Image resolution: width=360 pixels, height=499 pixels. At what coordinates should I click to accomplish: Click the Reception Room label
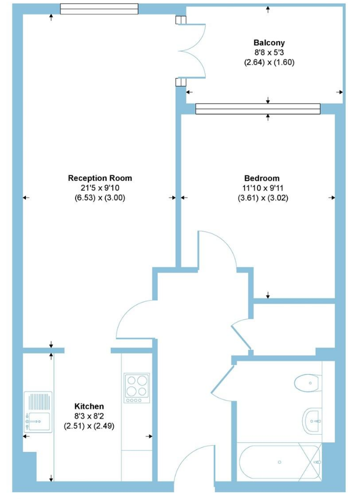[x=100, y=178]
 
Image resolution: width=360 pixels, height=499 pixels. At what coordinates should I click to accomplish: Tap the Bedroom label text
[x=262, y=178]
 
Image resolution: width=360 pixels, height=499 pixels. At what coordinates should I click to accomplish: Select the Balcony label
[x=269, y=43]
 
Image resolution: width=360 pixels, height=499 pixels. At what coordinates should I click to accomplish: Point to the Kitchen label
[x=89, y=407]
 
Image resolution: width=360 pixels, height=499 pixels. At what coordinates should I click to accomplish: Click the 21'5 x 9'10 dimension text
[x=100, y=188]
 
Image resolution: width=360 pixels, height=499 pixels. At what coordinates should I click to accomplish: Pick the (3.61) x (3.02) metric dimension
[x=263, y=198]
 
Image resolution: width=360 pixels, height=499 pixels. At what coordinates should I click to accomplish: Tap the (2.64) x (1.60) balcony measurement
[x=269, y=62]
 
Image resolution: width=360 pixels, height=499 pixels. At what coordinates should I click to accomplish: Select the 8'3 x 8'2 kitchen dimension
[x=89, y=416]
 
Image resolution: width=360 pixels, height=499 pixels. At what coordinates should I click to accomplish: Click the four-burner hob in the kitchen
[x=137, y=388]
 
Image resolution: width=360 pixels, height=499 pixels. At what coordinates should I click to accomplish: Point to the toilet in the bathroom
[x=308, y=383]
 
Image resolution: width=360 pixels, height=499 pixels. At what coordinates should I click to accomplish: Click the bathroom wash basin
[x=312, y=421]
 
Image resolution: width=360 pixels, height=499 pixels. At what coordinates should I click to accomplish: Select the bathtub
[x=280, y=462]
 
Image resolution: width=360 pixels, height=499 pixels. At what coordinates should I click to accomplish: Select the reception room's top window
[x=99, y=9]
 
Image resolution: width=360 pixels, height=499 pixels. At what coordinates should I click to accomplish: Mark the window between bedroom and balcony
[x=258, y=109]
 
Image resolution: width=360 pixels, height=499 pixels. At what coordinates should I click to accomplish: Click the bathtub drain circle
[x=280, y=462]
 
